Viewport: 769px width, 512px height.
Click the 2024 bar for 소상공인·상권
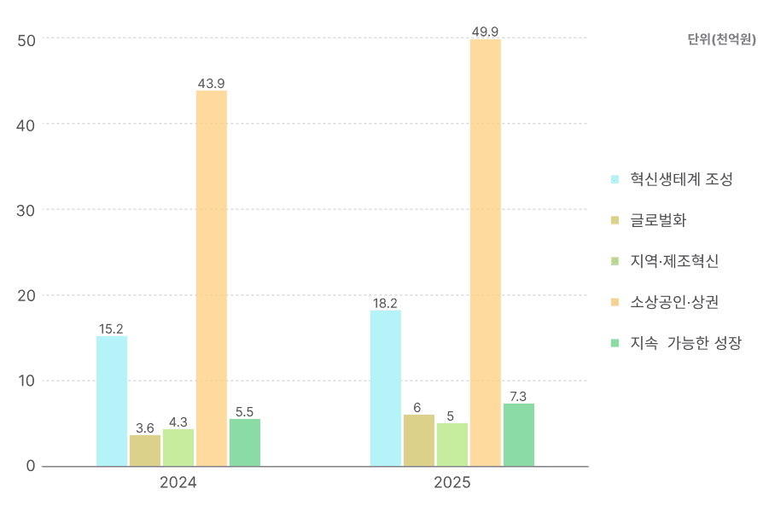(212, 278)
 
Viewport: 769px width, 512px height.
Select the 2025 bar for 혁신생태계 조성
(386, 388)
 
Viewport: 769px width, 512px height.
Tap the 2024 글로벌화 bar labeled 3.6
(145, 451)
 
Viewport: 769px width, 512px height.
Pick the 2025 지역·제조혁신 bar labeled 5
(452, 445)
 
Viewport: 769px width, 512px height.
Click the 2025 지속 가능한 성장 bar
(519, 435)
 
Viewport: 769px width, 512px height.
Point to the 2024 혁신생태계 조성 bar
(112, 401)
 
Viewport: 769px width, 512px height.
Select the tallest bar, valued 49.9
(486, 253)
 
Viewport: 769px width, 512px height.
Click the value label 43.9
(212, 84)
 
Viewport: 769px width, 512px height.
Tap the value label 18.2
(385, 303)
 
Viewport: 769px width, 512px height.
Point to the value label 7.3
(519, 396)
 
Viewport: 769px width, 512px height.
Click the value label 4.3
(178, 422)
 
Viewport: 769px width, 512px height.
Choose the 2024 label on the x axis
(178, 483)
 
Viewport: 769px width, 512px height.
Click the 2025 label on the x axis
(452, 483)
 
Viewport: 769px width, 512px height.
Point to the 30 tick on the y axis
(26, 210)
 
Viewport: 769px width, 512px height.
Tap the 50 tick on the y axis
(26, 39)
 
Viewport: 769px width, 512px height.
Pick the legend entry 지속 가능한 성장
(685, 343)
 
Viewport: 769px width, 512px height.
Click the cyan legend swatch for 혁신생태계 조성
(615, 179)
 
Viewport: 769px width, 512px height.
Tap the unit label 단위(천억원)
(721, 39)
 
